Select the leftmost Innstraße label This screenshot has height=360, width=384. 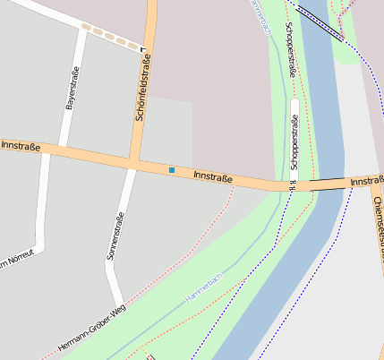tap(20, 145)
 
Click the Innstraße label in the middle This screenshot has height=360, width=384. tap(213, 177)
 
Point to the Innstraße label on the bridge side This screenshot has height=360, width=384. tap(367, 182)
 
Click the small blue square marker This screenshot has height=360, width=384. tap(172, 169)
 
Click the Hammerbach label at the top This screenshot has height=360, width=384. tap(260, 16)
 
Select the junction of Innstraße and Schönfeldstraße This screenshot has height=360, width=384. tap(134, 162)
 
